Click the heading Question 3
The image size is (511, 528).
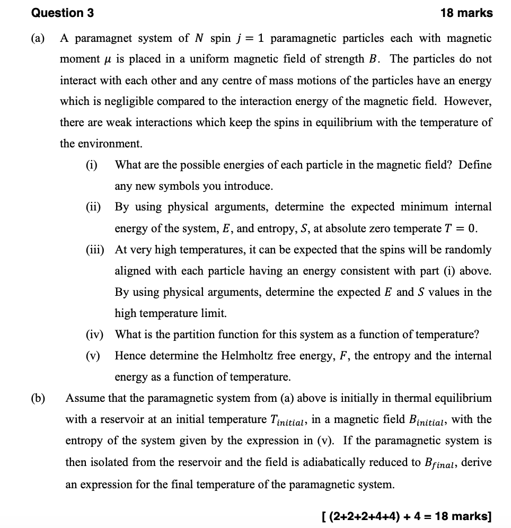63,13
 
